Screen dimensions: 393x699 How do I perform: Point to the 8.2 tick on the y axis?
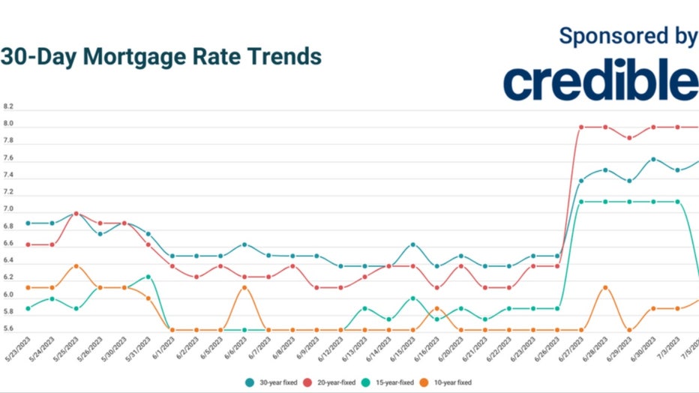pyautogui.click(x=8, y=107)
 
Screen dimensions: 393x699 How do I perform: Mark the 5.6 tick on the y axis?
pyautogui.click(x=8, y=328)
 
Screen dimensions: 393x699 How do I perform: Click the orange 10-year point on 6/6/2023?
pyautogui.click(x=244, y=287)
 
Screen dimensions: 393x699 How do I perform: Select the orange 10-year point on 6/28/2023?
pyautogui.click(x=605, y=287)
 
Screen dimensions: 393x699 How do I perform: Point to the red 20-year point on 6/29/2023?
pyautogui.click(x=629, y=138)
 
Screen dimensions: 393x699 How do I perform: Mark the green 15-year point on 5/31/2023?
pyautogui.click(x=148, y=277)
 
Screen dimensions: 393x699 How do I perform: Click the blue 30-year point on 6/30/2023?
pyautogui.click(x=653, y=159)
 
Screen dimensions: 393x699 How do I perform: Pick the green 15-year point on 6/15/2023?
pyautogui.click(x=412, y=298)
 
